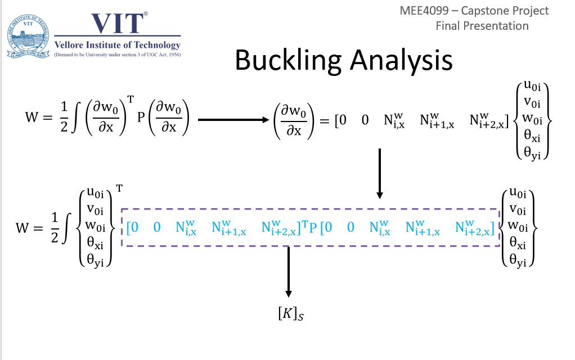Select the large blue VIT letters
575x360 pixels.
118,24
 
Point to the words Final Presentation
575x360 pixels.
482,26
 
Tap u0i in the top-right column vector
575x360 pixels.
532,85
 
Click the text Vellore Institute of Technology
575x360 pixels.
118,45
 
